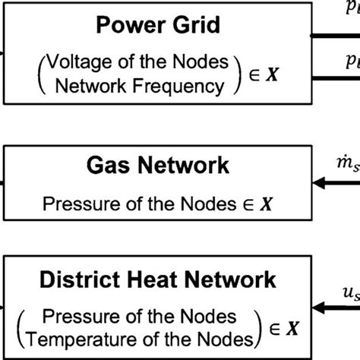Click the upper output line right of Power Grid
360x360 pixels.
coord(337,34)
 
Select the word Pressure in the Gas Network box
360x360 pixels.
coord(75,204)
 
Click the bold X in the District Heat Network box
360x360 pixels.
coord(292,327)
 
